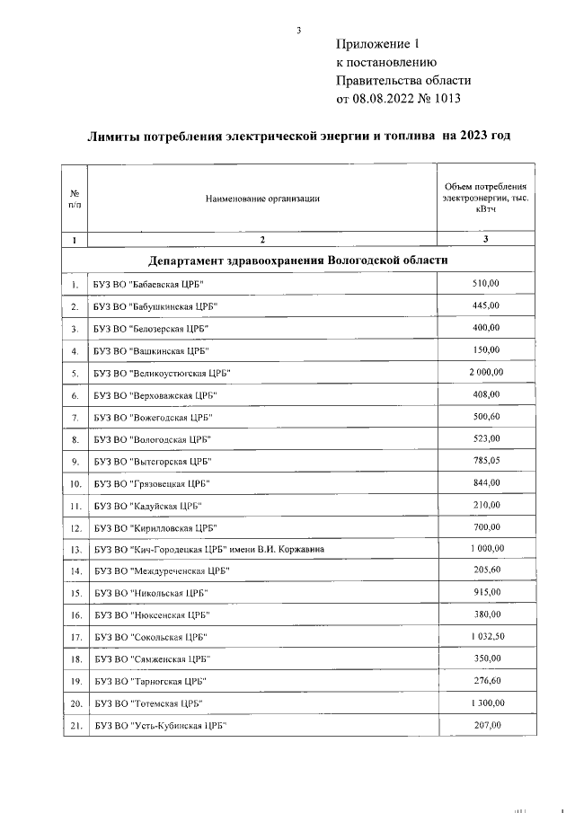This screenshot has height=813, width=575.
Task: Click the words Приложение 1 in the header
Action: tap(377, 44)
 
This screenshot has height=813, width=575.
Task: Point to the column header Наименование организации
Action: tap(262, 199)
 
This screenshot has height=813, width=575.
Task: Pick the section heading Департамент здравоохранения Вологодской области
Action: tap(298, 261)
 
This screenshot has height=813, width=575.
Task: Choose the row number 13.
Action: tap(75, 549)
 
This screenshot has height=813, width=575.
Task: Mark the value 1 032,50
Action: tap(485, 636)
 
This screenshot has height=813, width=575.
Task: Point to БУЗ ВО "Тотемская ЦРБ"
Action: tap(147, 703)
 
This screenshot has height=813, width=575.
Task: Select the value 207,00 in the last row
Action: tap(485, 724)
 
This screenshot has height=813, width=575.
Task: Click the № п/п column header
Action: tap(75, 199)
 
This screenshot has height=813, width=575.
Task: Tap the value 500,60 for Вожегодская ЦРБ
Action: tap(485, 416)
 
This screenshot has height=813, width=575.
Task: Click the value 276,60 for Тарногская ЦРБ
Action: tap(485, 680)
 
